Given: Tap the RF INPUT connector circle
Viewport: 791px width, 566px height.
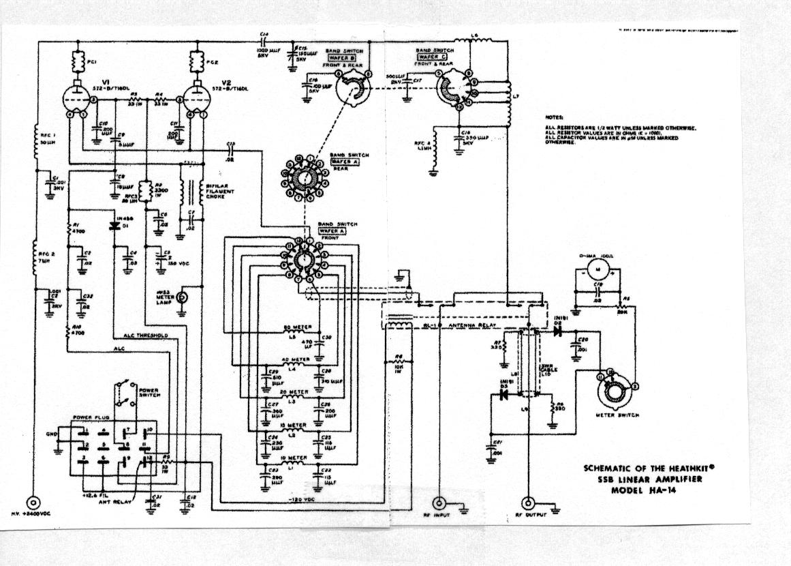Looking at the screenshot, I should [439, 503].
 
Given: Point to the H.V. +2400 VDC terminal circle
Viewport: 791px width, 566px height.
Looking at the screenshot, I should [32, 503].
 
